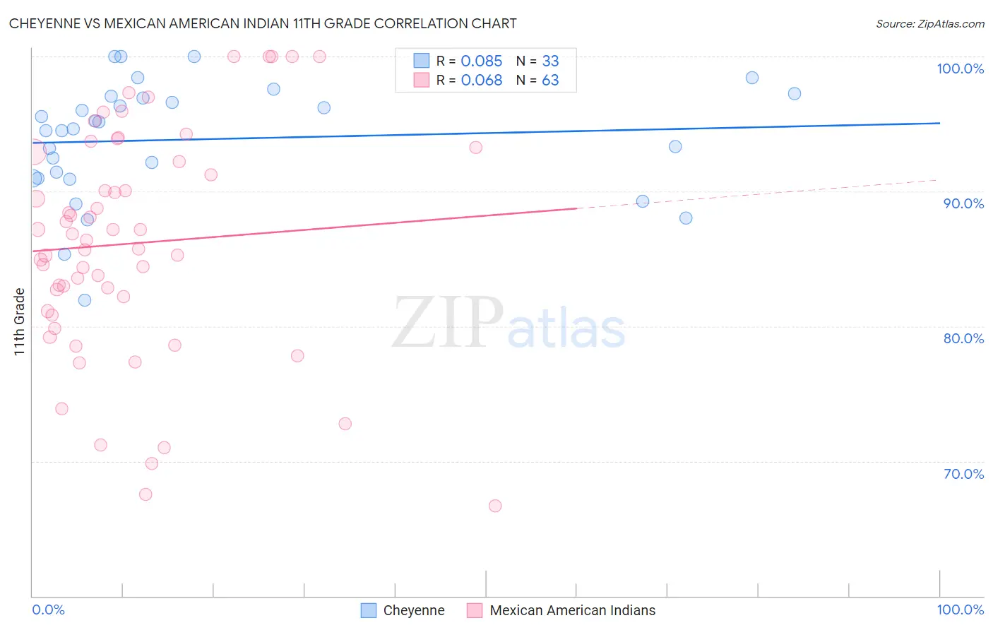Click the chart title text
click(263, 24)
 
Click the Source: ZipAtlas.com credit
click(929, 24)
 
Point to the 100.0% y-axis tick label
click(960, 69)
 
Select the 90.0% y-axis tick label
click(963, 203)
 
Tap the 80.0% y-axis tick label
click(963, 338)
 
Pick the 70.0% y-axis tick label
click(963, 474)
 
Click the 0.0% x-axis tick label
click(48, 610)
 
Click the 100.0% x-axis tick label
click(960, 610)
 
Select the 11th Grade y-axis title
click(20, 321)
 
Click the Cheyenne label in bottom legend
click(414, 610)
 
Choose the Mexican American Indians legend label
click(572, 610)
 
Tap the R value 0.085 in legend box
click(482, 61)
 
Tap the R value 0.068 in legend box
click(482, 81)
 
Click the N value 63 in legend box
click(550, 81)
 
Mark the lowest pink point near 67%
click(495, 506)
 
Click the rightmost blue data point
click(795, 94)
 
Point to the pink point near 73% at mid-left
click(345, 424)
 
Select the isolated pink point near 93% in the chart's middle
click(476, 148)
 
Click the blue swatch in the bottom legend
click(369, 610)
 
